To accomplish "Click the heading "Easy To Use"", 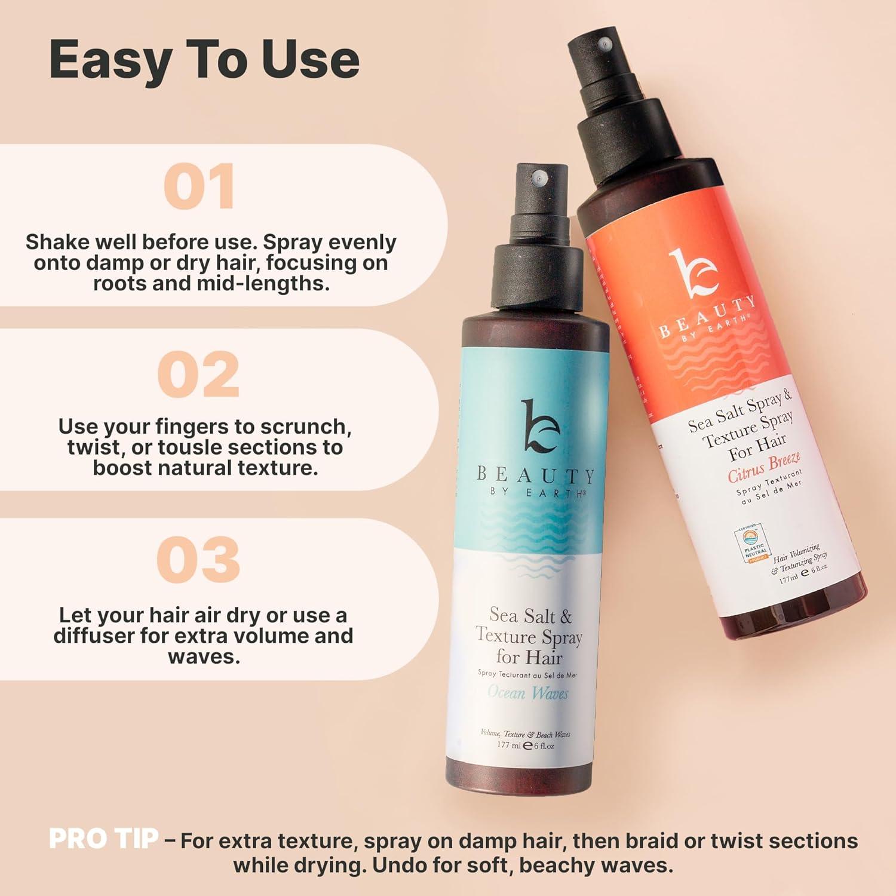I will tap(204, 60).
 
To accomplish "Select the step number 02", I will tap(198, 375).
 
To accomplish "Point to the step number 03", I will tap(198, 560).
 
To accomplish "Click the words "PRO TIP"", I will tap(104, 839).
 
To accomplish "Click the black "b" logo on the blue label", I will tap(539, 426).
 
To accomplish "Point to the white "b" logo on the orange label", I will tap(692, 275).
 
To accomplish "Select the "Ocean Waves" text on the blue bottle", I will tap(527, 693).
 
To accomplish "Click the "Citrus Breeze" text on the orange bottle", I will tap(763, 468).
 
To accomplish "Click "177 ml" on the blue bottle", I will tap(509, 745).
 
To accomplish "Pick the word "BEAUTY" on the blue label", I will tap(535, 475).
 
